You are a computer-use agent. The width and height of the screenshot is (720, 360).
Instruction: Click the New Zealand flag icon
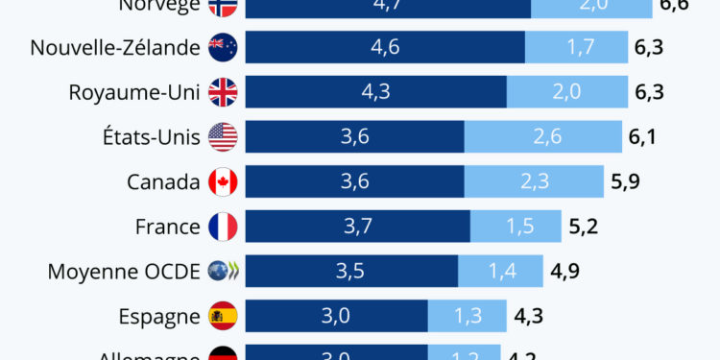pyautogui.click(x=223, y=47)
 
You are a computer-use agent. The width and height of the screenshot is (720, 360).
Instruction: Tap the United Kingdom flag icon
pyautogui.click(x=223, y=92)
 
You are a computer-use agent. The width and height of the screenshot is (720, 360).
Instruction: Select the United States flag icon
pyautogui.click(x=223, y=137)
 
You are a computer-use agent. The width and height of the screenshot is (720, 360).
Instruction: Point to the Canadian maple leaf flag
pyautogui.click(x=223, y=182)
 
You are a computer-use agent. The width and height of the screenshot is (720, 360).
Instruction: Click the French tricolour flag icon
pyautogui.click(x=223, y=228)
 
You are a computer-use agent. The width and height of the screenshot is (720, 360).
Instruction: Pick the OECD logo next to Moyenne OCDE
pyautogui.click(x=223, y=272)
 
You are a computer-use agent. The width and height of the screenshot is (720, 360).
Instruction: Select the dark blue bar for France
pyautogui.click(x=358, y=228)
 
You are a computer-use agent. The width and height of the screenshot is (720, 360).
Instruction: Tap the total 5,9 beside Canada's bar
pyautogui.click(x=624, y=182)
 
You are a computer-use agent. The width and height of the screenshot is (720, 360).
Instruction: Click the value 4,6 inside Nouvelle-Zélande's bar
pyautogui.click(x=385, y=47)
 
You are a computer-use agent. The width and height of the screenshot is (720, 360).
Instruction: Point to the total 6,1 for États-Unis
pyautogui.click(x=642, y=137)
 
